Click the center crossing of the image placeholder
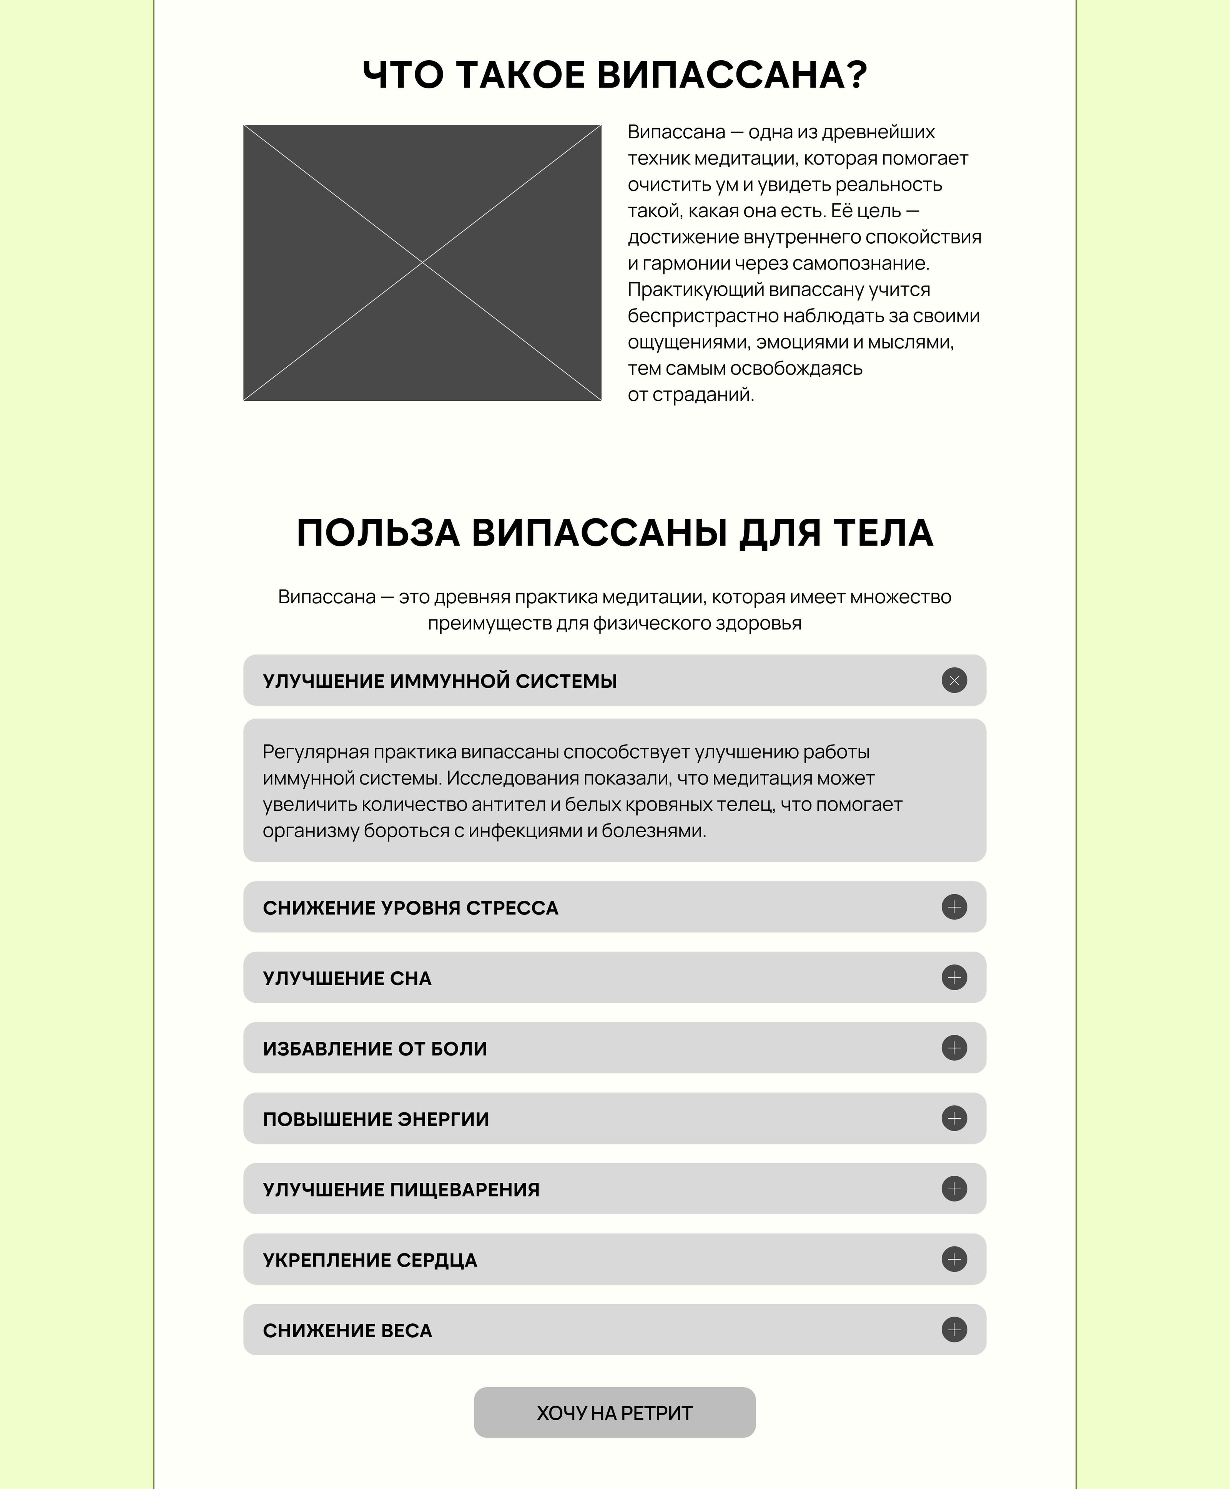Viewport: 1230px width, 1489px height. tap(422, 263)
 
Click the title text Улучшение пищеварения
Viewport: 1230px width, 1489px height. tap(401, 1189)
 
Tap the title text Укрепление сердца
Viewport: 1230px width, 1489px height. tap(370, 1260)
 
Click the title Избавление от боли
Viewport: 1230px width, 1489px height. tap(375, 1048)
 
